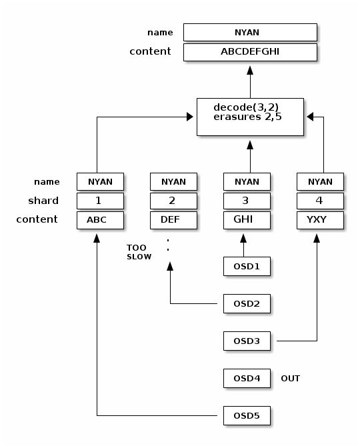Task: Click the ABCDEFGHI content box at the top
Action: (x=250, y=52)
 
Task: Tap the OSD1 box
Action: (x=247, y=266)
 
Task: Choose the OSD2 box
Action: (x=247, y=304)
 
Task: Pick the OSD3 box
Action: (x=247, y=341)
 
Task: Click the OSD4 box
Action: (x=247, y=378)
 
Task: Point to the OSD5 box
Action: (x=247, y=416)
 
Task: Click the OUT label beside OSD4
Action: (x=290, y=379)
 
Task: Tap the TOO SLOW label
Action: (x=139, y=252)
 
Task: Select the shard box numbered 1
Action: (x=100, y=201)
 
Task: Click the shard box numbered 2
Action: (x=173, y=201)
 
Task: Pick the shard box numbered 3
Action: (x=247, y=201)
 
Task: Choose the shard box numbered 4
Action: (x=320, y=201)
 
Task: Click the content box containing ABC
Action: (x=100, y=220)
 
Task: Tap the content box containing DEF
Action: (x=173, y=220)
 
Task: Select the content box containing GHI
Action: (x=247, y=220)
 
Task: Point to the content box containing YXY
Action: (x=320, y=220)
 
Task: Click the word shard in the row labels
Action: (x=43, y=201)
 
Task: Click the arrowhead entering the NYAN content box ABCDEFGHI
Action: (x=250, y=70)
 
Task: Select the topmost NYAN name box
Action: (x=250, y=32)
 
